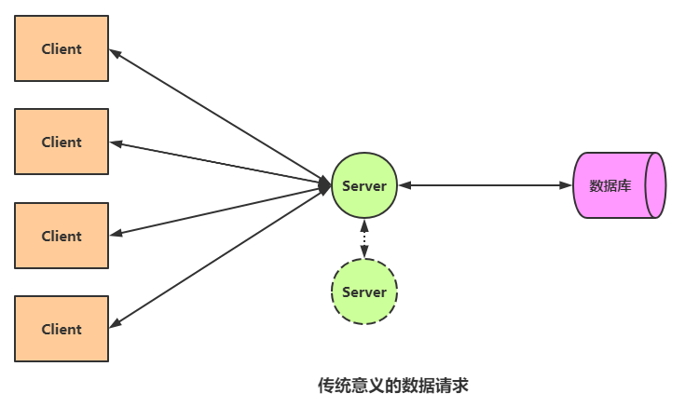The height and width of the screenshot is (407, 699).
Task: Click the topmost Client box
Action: (62, 49)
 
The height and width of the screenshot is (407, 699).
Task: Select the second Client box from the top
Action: (62, 142)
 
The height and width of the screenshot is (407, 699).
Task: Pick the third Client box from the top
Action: (62, 236)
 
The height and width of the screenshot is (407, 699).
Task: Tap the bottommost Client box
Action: (62, 329)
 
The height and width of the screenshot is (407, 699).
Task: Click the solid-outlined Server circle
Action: (364, 185)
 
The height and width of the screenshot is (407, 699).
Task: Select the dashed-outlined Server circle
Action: (364, 292)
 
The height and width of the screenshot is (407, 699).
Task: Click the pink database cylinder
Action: (619, 185)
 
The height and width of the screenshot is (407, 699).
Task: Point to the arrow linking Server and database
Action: (485, 185)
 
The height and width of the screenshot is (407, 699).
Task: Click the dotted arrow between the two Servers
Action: (364, 238)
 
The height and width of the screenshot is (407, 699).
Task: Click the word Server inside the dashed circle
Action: (364, 292)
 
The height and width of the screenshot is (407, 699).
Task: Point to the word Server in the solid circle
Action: (364, 186)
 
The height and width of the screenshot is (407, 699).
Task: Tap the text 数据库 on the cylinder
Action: (610, 186)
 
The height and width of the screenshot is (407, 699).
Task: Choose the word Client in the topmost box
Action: (62, 49)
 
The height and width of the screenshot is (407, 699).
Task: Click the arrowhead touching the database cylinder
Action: (566, 185)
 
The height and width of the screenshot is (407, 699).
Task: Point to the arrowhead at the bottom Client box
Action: (116, 323)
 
